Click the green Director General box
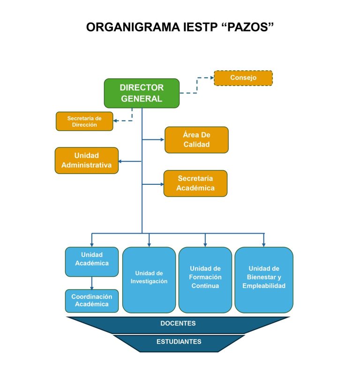coord(142,93)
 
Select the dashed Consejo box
coord(243,78)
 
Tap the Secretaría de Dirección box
coord(84,121)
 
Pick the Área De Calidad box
coord(196,140)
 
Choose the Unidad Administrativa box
coord(86,160)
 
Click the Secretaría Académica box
coord(195,183)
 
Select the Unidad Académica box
coord(91,261)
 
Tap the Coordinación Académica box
coord(91,301)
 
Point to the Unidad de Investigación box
coord(149,280)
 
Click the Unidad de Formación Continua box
coord(205,280)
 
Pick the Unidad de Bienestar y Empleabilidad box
coord(264,280)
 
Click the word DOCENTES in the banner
coord(178,324)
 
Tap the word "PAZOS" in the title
coord(247,28)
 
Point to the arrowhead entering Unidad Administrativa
coord(120,161)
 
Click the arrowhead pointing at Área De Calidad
coord(162,139)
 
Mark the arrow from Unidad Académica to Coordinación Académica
coord(91,283)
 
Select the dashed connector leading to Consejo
coord(197,85)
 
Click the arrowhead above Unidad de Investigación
coord(149,244)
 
